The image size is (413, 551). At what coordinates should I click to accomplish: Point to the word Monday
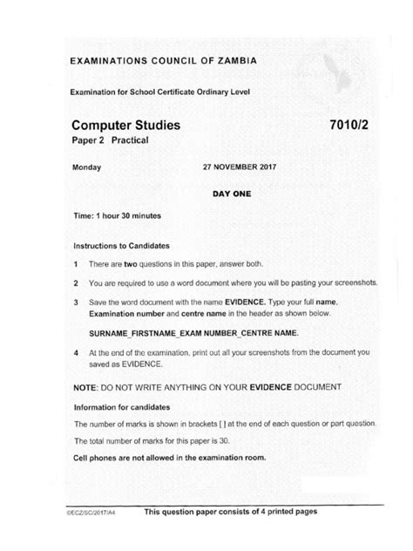[x=87, y=167]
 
